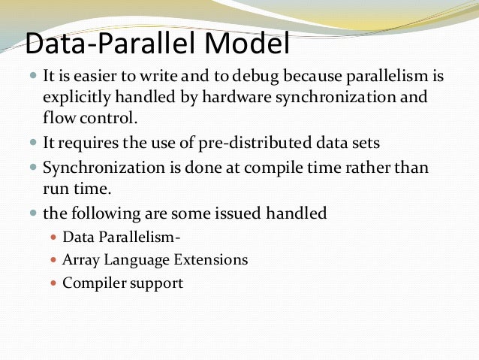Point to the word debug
[x=259, y=77]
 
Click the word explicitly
[x=81, y=97]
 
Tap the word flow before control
[x=59, y=117]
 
